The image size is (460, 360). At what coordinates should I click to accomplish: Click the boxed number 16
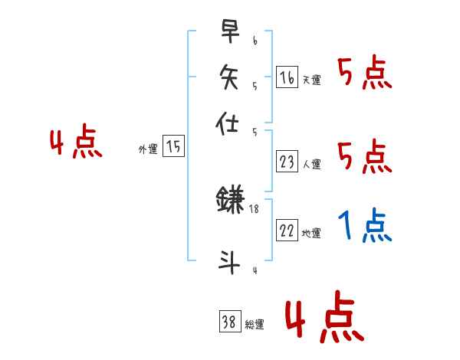pyautogui.click(x=287, y=77)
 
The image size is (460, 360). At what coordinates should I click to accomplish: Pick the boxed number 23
pyautogui.click(x=287, y=162)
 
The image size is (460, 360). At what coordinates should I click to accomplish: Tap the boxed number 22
pyautogui.click(x=287, y=231)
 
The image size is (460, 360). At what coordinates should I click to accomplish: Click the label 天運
pyautogui.click(x=311, y=80)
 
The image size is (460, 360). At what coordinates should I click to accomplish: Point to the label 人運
pyautogui.click(x=311, y=164)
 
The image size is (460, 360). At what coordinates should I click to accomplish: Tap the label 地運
pyautogui.click(x=311, y=234)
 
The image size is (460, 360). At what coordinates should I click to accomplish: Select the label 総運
pyautogui.click(x=255, y=325)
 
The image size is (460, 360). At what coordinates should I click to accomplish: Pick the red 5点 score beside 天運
pyautogui.click(x=365, y=74)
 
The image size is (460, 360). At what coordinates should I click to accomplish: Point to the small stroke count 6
pyautogui.click(x=255, y=40)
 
